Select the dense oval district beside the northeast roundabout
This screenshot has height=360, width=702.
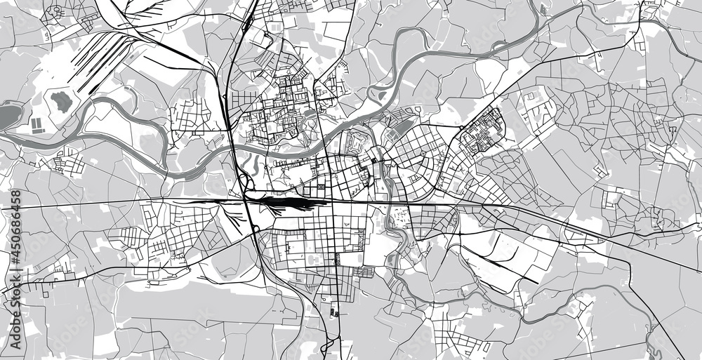tap(485, 129)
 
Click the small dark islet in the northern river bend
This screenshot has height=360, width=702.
tap(380, 91)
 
